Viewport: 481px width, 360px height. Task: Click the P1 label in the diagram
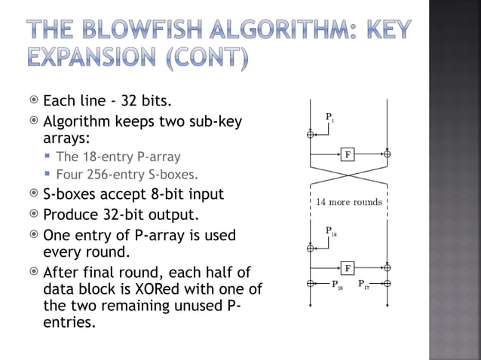pos(330,117)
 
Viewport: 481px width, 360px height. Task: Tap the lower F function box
pos(348,267)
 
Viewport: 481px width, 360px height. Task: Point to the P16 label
pos(331,230)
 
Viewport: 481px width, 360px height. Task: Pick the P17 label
pos(364,285)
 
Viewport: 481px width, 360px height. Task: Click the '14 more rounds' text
pos(348,202)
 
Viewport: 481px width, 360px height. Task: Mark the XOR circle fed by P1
pos(310,135)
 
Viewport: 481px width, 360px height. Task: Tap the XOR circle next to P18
pos(310,284)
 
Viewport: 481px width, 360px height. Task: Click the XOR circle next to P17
pos(387,284)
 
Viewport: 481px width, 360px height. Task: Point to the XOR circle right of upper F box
pos(387,154)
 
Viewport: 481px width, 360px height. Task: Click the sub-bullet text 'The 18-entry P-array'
pos(118,157)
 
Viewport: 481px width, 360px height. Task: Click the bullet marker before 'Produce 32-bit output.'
pos(33,215)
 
